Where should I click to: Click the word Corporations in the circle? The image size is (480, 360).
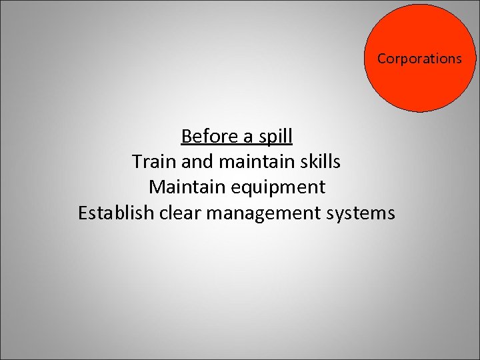(x=419, y=59)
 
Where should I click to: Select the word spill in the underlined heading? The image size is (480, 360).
(x=275, y=137)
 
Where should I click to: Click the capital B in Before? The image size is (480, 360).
(x=186, y=137)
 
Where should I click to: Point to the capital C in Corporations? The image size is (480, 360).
(x=381, y=59)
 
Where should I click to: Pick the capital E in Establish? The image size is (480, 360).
(x=83, y=213)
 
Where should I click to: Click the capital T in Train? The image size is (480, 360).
(x=137, y=162)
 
